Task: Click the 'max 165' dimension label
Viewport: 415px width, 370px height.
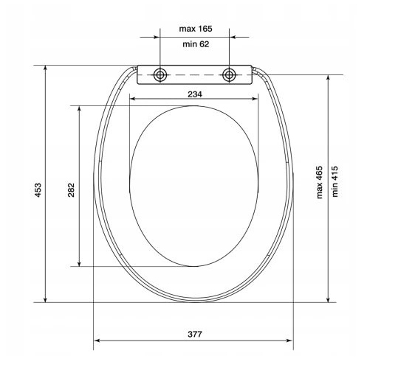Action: (x=196, y=29)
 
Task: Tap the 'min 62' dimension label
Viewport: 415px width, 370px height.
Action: (x=196, y=44)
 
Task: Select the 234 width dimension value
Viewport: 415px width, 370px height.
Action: (x=195, y=94)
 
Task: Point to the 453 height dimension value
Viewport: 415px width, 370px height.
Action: (x=38, y=190)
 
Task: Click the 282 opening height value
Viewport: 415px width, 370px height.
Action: (x=71, y=190)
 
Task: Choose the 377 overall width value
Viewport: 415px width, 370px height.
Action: (x=195, y=334)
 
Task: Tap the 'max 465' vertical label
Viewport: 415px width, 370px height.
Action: (x=320, y=182)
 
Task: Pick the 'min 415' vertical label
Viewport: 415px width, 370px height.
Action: (x=335, y=181)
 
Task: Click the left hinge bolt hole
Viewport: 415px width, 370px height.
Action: (x=160, y=74)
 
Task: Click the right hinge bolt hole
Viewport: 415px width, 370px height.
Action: (x=229, y=74)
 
